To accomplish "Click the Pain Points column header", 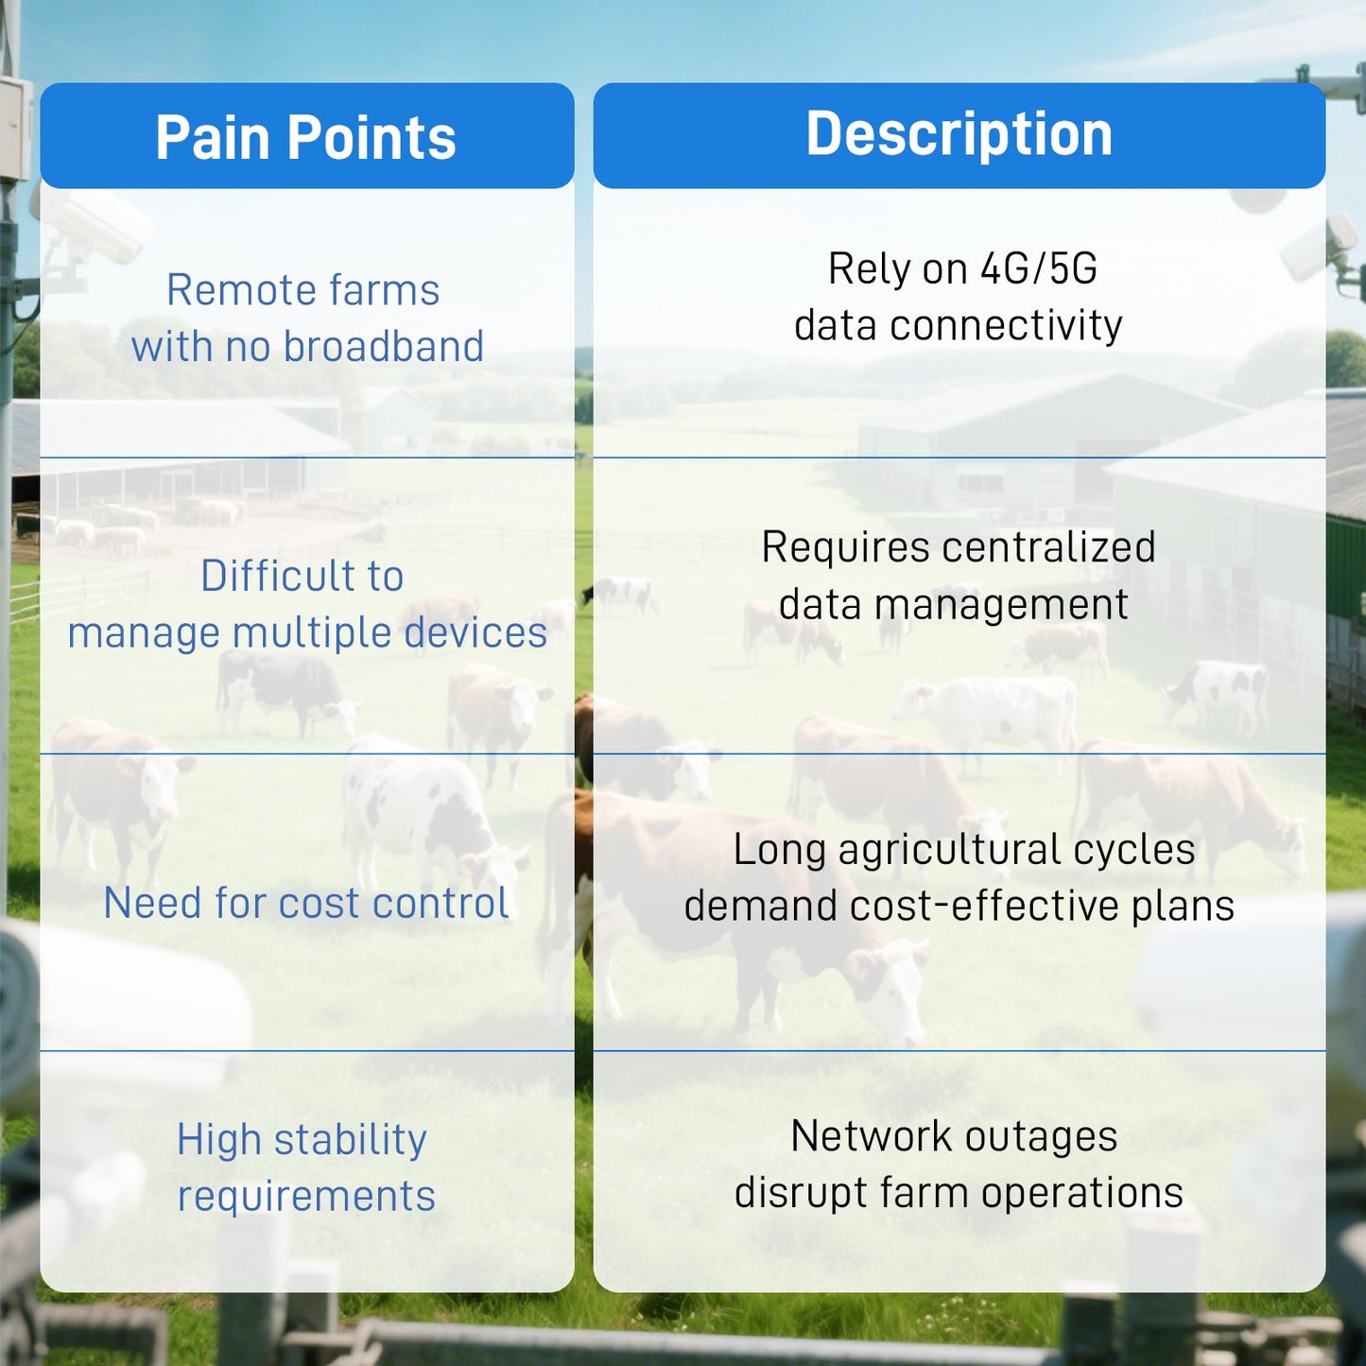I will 305,138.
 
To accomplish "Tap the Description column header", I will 959,134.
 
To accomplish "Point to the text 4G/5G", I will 1038,269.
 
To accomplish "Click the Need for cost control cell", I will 305,903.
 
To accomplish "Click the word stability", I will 350,1140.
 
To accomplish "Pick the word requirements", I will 306,1197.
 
